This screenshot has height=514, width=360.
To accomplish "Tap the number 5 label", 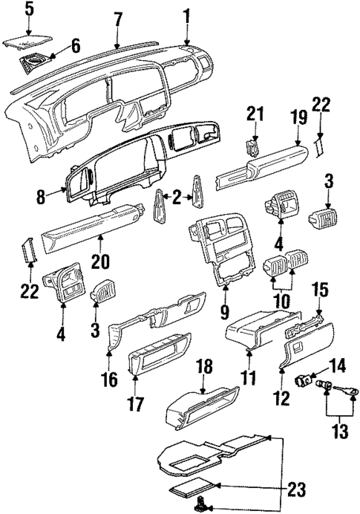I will click(x=29, y=10).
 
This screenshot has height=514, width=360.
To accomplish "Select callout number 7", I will click(x=118, y=19).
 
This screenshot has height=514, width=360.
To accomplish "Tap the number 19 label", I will click(x=298, y=117).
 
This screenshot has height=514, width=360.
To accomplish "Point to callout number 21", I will click(x=255, y=114).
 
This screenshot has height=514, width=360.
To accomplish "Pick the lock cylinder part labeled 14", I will click(x=303, y=381).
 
